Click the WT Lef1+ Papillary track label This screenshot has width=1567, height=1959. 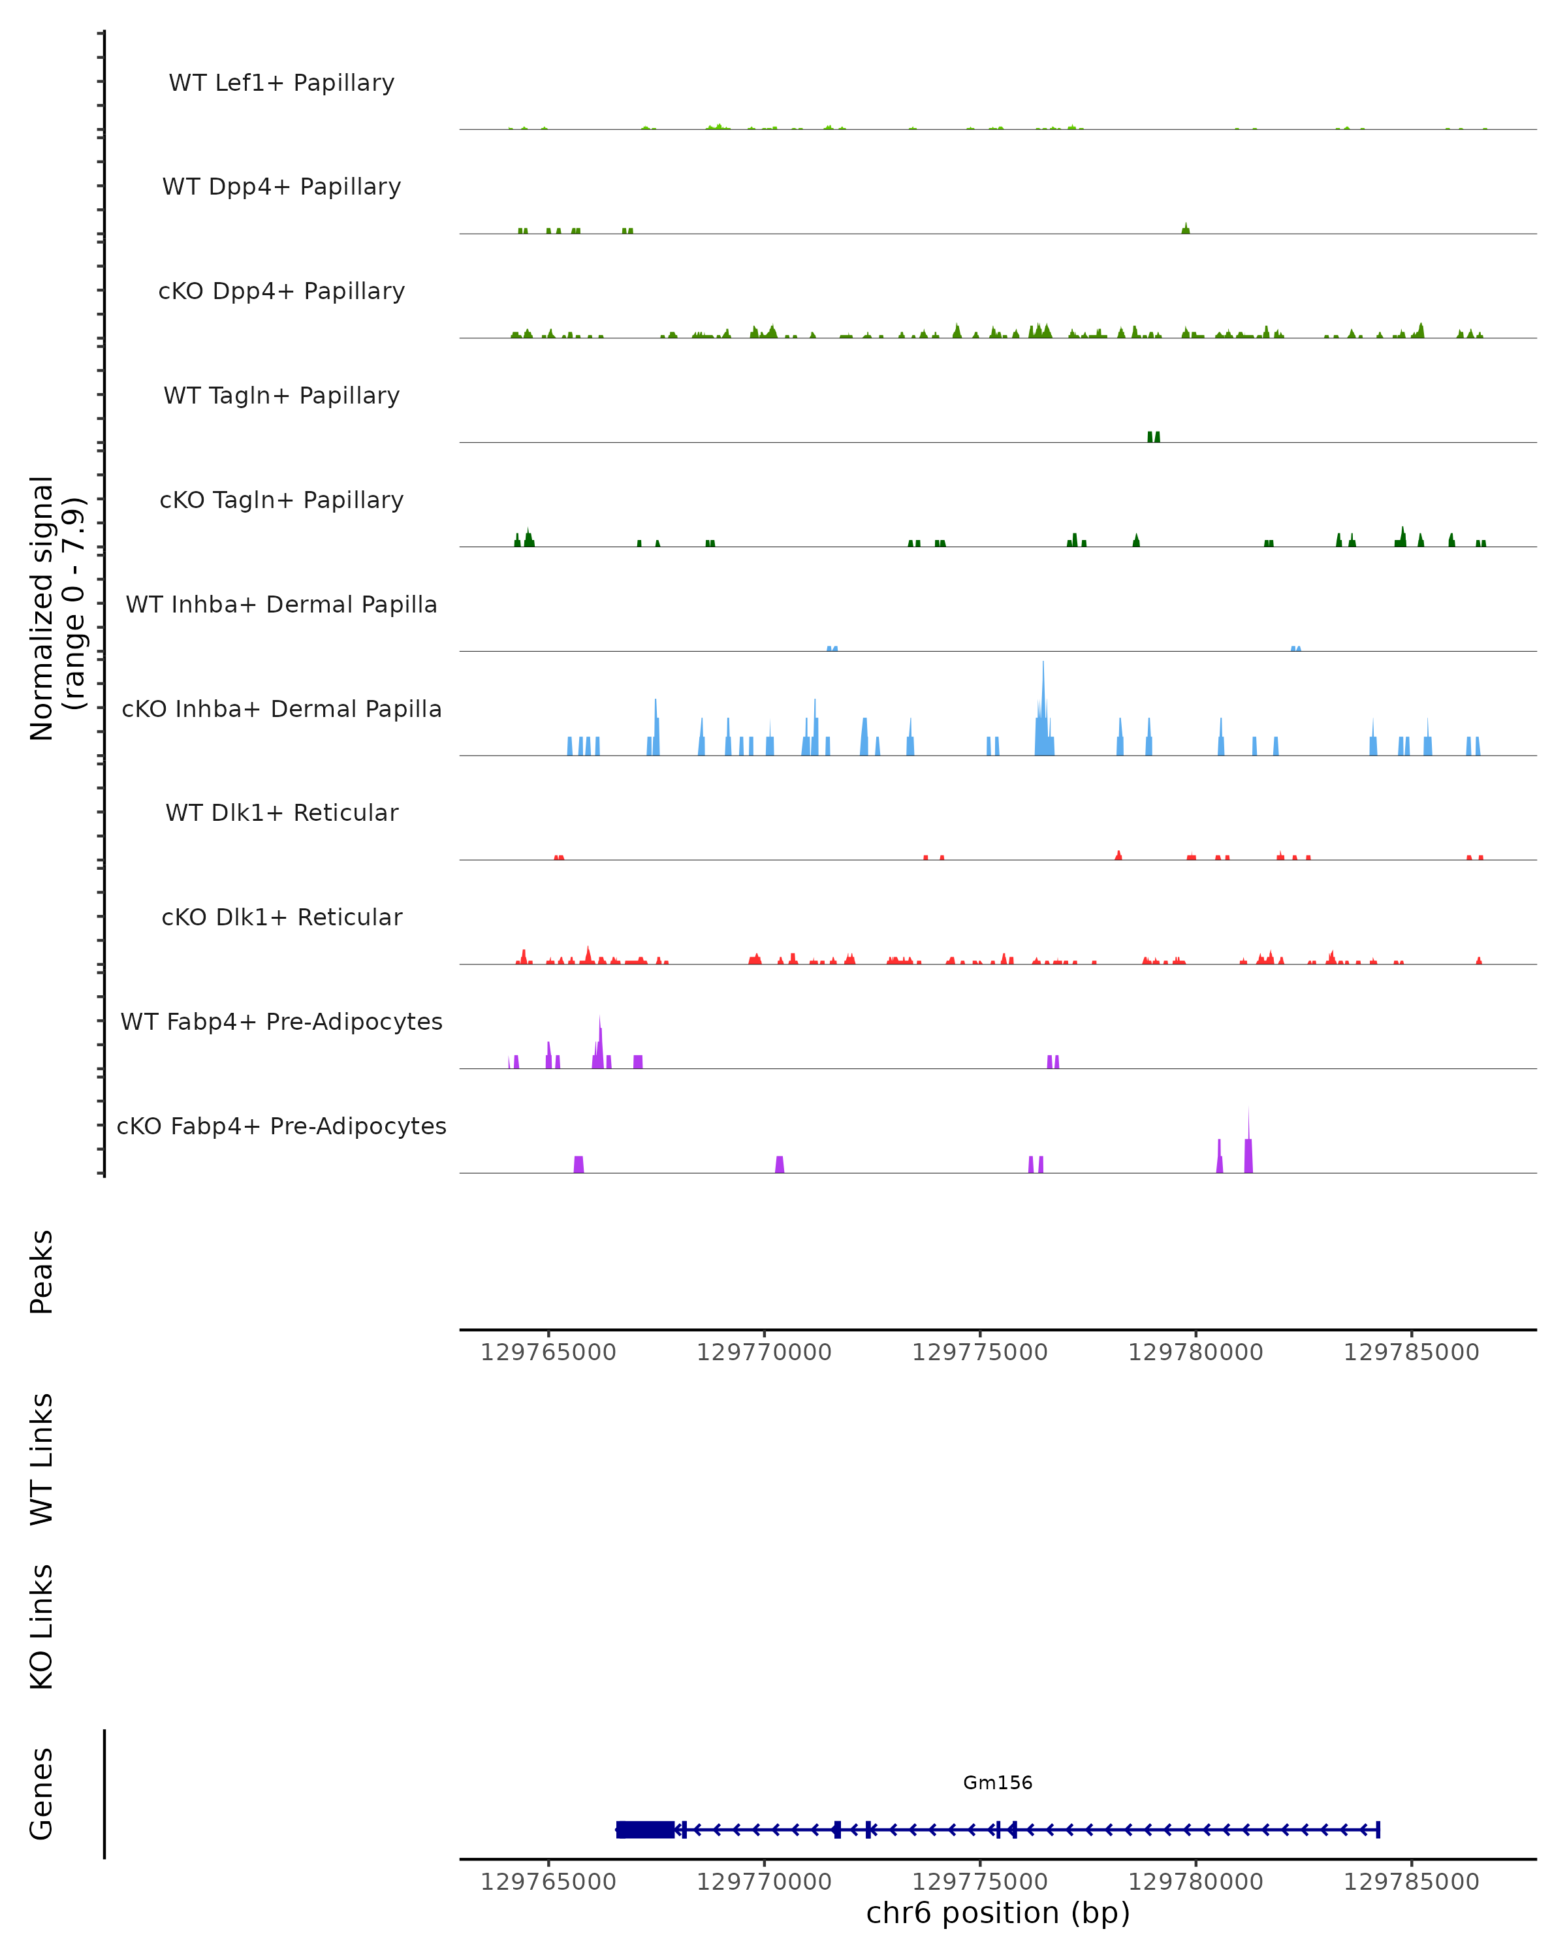tap(281, 83)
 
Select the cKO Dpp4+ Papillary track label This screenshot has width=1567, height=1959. tap(281, 292)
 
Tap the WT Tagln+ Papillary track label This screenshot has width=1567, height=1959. tap(281, 396)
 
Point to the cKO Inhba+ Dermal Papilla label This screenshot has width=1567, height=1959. tap(281, 710)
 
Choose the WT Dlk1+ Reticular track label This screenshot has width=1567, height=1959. tap(281, 813)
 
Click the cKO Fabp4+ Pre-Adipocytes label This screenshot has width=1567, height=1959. tap(281, 1126)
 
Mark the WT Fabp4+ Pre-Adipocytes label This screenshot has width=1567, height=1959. tap(281, 1022)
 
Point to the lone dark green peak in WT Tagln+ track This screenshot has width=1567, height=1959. tap(1154, 437)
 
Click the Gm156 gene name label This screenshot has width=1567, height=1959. tap(998, 1783)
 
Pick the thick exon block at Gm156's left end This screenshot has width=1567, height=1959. tap(645, 1830)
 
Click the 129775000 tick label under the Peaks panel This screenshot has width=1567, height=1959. tap(979, 1353)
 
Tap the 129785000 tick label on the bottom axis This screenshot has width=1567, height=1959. tap(1411, 1883)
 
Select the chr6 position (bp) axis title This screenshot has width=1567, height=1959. tap(998, 1913)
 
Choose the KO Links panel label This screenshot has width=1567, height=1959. tap(42, 1627)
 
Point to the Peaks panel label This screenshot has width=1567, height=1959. tap(42, 1271)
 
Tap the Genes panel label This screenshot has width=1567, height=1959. tap(42, 1794)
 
